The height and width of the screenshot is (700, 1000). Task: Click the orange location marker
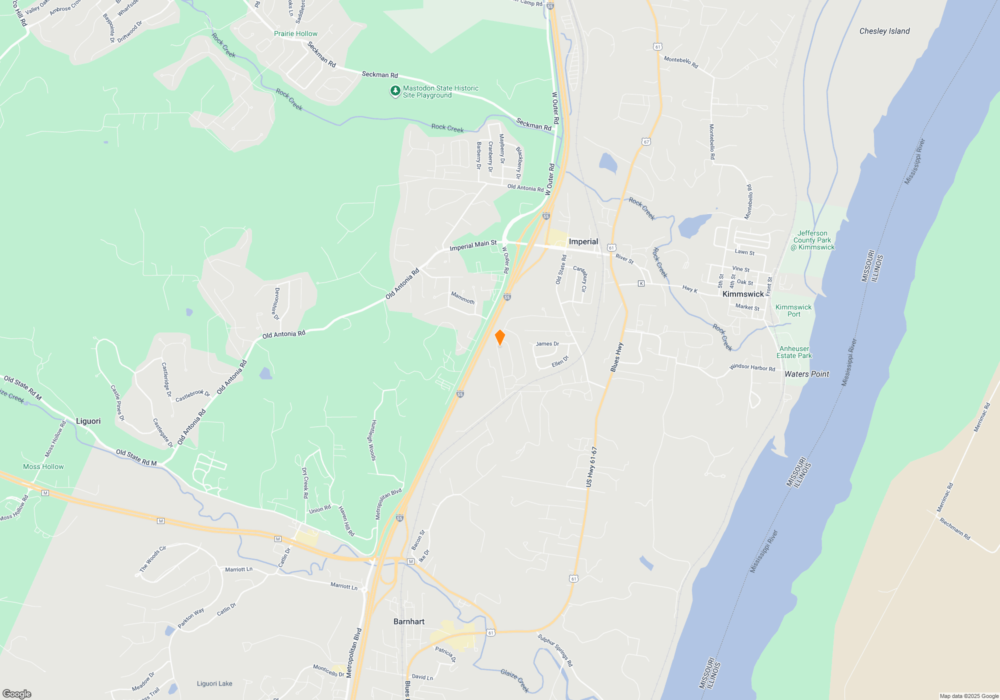coord(499,337)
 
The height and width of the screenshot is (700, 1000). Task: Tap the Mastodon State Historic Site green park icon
coord(395,91)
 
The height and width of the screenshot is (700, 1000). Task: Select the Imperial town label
coord(583,241)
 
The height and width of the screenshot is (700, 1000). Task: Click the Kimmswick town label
coord(743,294)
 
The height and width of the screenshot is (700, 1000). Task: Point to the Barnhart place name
coord(408,621)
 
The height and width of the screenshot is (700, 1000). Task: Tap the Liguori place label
coord(88,421)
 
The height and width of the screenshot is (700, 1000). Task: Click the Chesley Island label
coord(884,31)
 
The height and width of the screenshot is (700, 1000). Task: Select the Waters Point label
coord(806,374)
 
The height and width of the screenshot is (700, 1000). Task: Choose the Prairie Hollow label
coord(295,33)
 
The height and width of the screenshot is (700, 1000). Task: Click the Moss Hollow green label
coord(43,466)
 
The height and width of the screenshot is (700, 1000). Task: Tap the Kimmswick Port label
coord(793,310)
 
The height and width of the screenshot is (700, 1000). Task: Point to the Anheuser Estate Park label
coord(794,352)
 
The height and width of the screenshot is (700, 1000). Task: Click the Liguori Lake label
coord(214,683)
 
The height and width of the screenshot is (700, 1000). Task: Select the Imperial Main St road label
coord(473,245)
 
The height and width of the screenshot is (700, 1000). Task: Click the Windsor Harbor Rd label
coord(752,367)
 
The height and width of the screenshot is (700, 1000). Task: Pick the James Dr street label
coord(547,343)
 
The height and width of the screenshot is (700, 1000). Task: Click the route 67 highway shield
coord(646,142)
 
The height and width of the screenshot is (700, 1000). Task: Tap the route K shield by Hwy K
coord(641,283)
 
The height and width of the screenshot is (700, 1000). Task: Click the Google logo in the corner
coord(16,693)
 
